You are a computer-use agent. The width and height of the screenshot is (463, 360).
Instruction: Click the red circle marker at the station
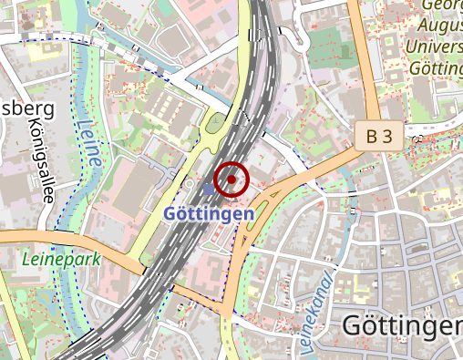pyautogui.click(x=231, y=180)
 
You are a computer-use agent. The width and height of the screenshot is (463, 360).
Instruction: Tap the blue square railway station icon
pyautogui.click(x=210, y=189)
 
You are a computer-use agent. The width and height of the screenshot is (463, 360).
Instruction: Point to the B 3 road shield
pyautogui.click(x=379, y=137)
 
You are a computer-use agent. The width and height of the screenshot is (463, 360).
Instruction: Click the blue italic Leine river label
pyautogui.click(x=89, y=144)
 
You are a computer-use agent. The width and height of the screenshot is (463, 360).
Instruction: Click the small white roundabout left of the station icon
pyautogui.click(x=188, y=185)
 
